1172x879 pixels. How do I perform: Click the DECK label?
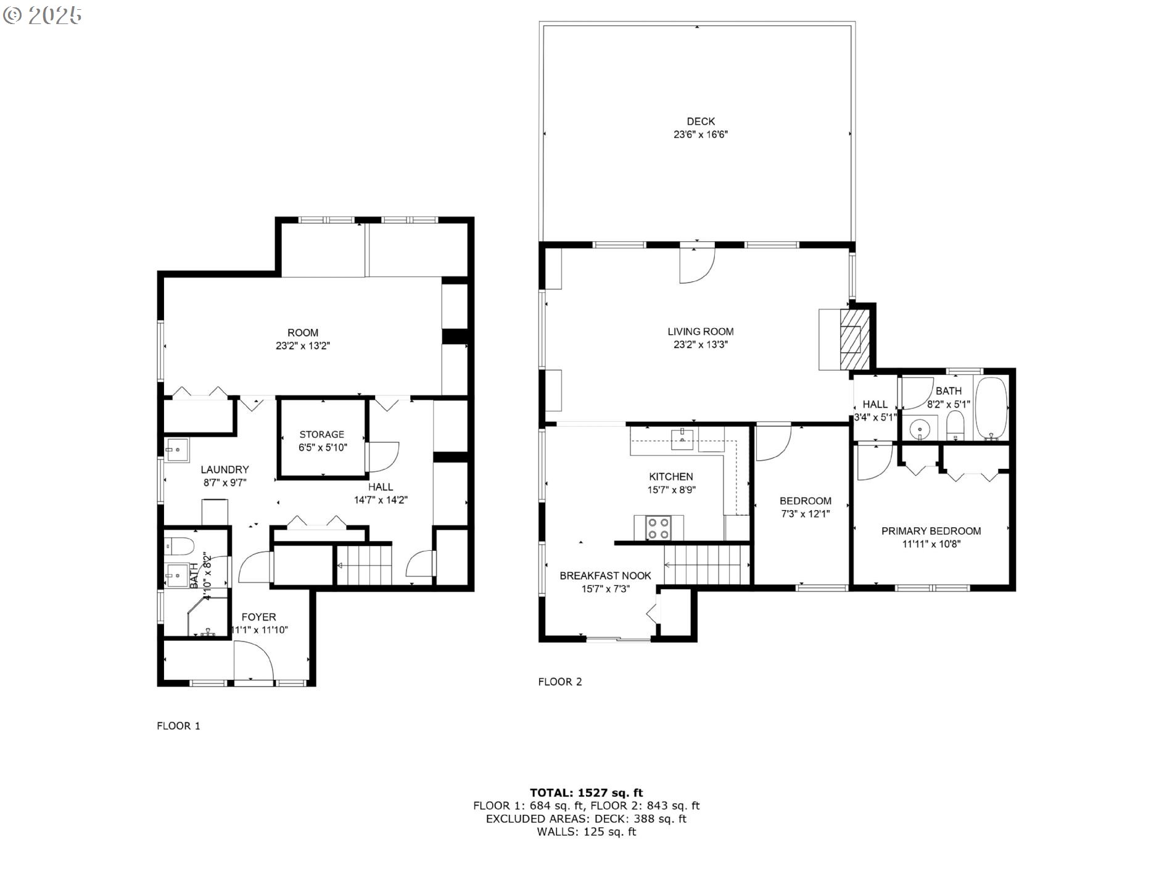[x=701, y=122]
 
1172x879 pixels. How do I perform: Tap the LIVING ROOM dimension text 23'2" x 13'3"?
[x=701, y=345]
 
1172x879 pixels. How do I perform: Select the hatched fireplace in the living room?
[x=854, y=338]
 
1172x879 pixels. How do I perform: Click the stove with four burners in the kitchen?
[x=658, y=527]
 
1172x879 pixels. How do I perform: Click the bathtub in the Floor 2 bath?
[x=991, y=408]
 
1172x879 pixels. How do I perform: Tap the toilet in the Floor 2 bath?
[x=955, y=426]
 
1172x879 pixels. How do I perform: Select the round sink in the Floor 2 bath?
[x=920, y=427]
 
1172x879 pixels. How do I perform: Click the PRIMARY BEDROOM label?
[x=931, y=531]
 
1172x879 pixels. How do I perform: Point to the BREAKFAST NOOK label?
[x=605, y=576]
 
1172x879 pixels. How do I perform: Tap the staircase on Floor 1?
[x=364, y=564]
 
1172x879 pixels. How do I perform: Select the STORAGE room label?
[x=321, y=434]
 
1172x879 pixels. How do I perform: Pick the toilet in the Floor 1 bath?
[x=180, y=546]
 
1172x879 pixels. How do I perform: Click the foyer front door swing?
[x=254, y=661]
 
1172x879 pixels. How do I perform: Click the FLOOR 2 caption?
[x=560, y=682]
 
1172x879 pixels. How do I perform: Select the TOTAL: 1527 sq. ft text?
[x=586, y=793]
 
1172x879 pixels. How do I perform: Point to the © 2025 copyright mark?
[x=42, y=15]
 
